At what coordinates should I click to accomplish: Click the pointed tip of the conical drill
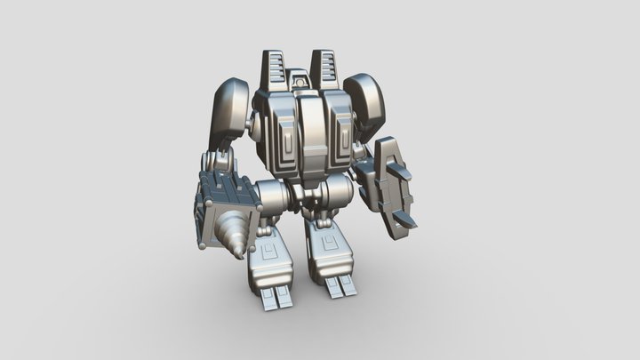pos(242,256)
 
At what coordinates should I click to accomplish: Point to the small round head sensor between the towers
pos(301,81)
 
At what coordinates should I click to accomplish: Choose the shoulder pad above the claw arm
pos(366,100)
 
